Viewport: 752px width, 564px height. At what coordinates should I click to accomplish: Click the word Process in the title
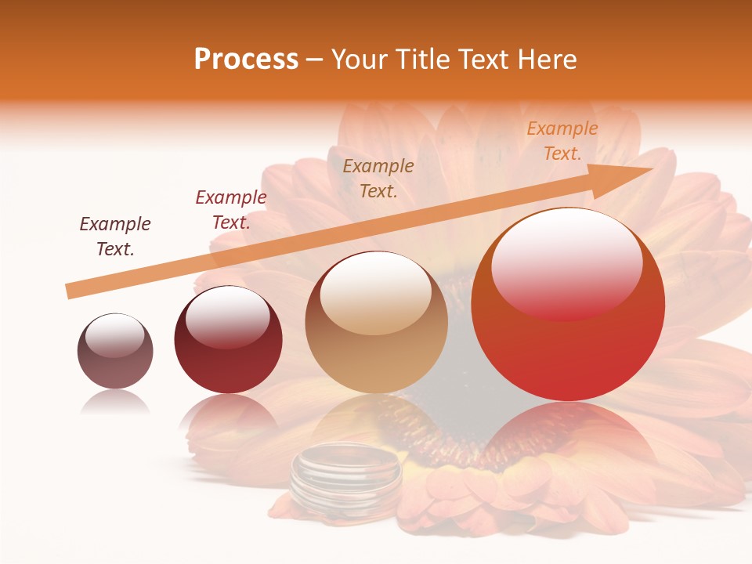[246, 60]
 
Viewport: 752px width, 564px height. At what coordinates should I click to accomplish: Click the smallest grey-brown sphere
[115, 351]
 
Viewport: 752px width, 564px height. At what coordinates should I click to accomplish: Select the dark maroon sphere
[228, 340]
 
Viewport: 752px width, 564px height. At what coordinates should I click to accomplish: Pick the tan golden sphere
[377, 323]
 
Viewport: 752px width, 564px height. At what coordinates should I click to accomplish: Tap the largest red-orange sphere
[568, 305]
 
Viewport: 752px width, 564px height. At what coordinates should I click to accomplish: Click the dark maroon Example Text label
[115, 237]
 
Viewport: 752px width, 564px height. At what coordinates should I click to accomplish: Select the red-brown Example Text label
[231, 210]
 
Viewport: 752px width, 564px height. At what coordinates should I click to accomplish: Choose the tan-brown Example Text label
[378, 178]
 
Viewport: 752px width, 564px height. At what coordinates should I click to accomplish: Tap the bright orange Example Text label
[562, 141]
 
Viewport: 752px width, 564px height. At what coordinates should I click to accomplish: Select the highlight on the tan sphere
[376, 293]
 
